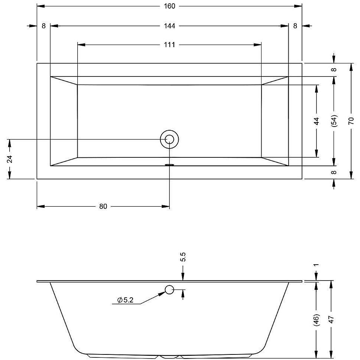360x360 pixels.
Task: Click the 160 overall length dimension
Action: pyautogui.click(x=169, y=6)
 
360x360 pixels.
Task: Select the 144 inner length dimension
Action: pyautogui.click(x=169, y=26)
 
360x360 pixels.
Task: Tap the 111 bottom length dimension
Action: pyautogui.click(x=169, y=45)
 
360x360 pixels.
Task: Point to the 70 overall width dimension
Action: pyautogui.click(x=351, y=121)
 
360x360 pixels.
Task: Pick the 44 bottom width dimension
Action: pyautogui.click(x=317, y=121)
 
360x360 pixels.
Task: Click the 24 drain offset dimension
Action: pyautogui.click(x=9, y=159)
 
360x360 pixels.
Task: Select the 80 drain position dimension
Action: pyautogui.click(x=103, y=206)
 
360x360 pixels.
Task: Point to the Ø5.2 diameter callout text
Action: pyautogui.click(x=125, y=300)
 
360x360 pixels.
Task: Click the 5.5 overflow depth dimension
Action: pyautogui.click(x=183, y=257)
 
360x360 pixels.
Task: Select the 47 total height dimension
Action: pyautogui.click(x=331, y=319)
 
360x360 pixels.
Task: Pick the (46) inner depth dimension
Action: pyautogui.click(x=317, y=320)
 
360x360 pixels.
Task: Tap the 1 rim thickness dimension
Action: pyautogui.click(x=317, y=265)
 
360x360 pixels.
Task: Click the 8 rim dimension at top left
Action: pyautogui.click(x=44, y=26)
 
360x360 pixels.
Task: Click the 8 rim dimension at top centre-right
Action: pyautogui.click(x=295, y=26)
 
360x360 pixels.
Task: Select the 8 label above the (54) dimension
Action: pyautogui.click(x=334, y=69)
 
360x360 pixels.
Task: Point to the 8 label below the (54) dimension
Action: pyautogui.click(x=334, y=172)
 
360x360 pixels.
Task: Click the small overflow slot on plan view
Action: pyautogui.click(x=170, y=164)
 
